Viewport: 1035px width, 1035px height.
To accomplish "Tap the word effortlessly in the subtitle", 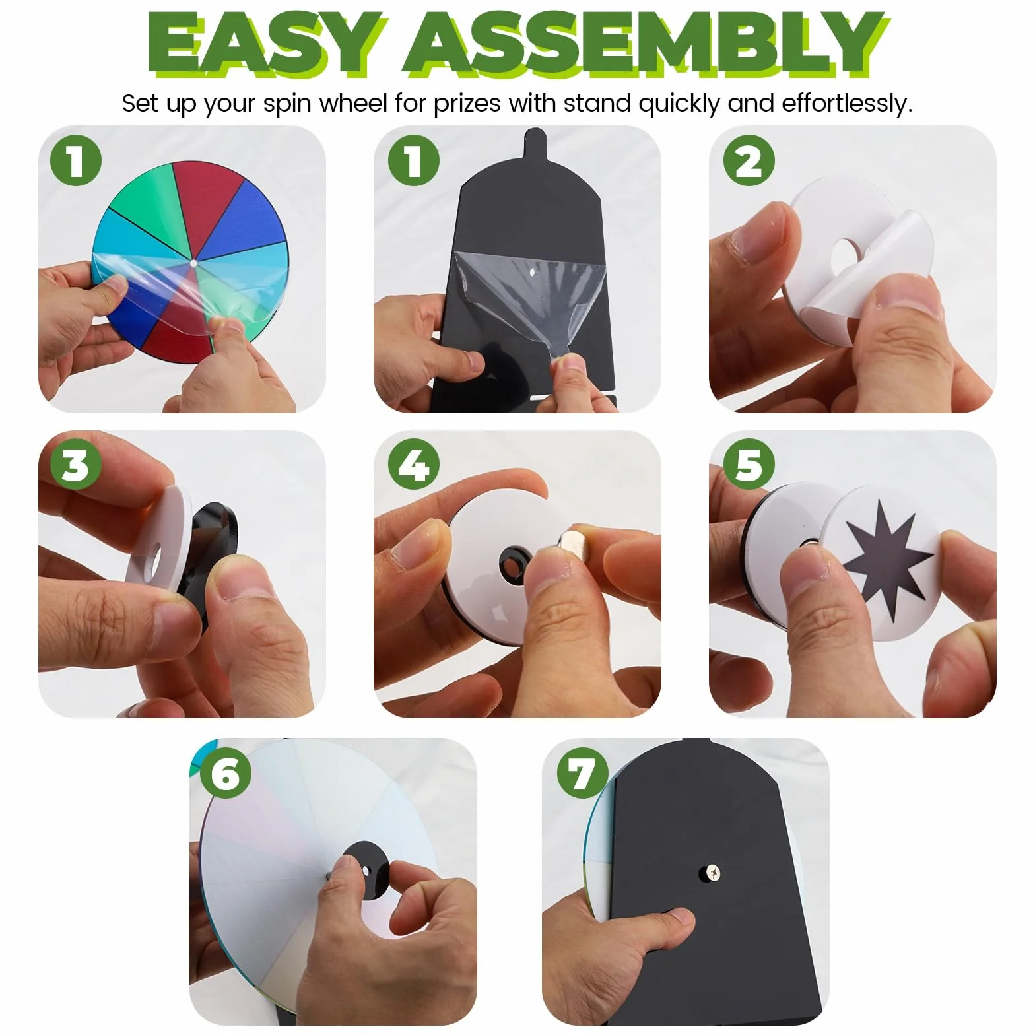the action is (x=848, y=104).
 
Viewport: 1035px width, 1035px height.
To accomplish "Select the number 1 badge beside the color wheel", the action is (x=76, y=160).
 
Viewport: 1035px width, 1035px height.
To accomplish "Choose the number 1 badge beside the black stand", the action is (x=414, y=160).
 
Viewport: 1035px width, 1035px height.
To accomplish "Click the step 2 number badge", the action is (x=749, y=160).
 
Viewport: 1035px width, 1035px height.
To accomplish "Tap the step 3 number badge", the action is (x=76, y=464).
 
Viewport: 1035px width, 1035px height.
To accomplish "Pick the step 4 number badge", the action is (x=414, y=464).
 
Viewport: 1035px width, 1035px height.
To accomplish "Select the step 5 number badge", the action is (x=749, y=464).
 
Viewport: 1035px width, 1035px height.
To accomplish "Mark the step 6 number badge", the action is (x=226, y=773).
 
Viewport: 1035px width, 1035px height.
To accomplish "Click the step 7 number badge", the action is (x=582, y=773).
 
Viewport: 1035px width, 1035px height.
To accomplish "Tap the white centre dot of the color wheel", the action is (x=193, y=263).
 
